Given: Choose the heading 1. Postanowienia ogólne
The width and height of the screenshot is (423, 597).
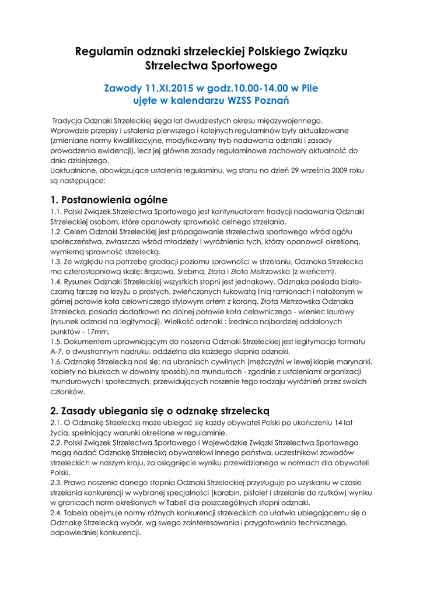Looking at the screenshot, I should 109,200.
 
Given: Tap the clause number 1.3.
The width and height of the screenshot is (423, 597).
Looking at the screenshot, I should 57,262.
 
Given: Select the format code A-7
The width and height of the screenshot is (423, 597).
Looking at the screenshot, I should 58,351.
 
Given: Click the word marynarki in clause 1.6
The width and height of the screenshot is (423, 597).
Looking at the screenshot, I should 348,361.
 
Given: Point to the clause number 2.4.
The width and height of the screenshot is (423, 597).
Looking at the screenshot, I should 57,513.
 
